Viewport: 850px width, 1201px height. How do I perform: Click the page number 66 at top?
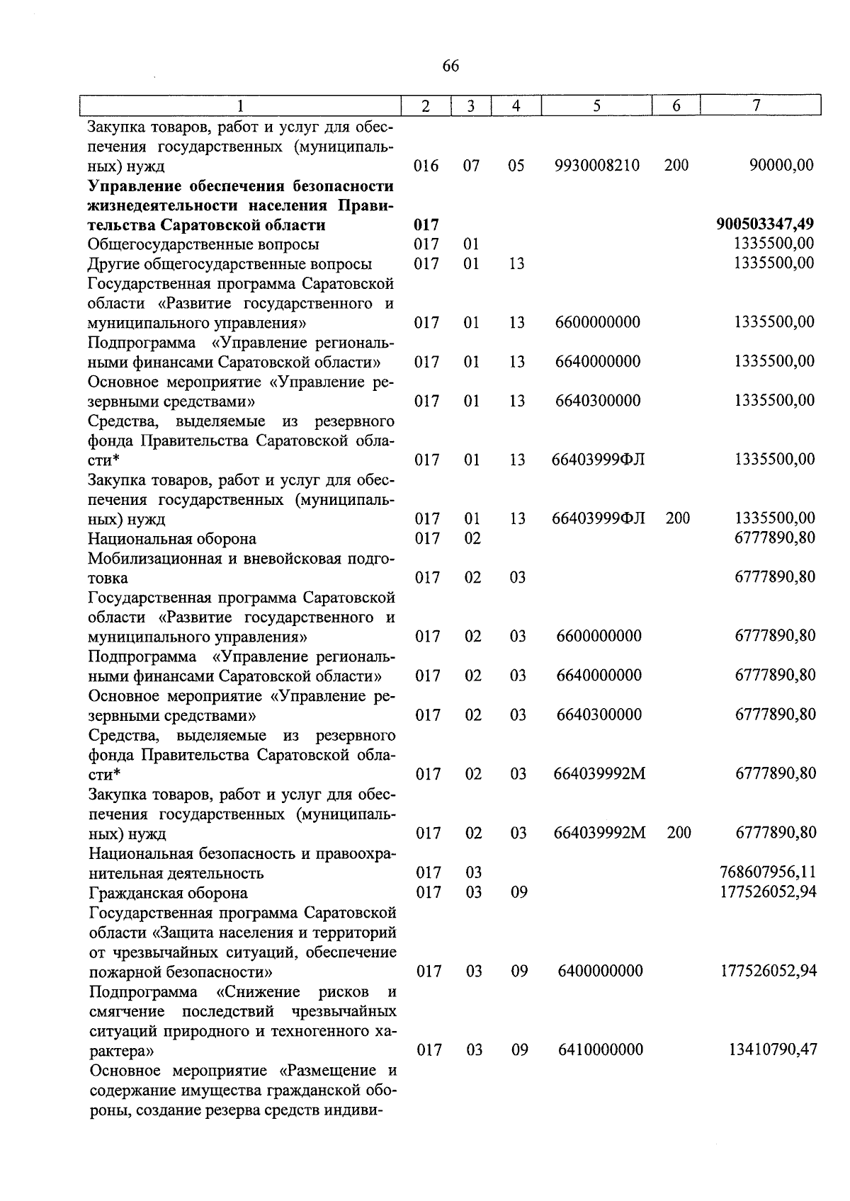450,67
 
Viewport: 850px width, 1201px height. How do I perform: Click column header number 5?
596,106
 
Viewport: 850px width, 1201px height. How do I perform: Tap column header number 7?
756,106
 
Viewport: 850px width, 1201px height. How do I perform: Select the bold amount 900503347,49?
765,224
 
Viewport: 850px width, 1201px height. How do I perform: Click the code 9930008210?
598,166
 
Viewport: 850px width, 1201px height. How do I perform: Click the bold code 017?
426,225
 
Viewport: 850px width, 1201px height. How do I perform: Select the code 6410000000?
600,1049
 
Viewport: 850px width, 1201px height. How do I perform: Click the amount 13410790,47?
773,1049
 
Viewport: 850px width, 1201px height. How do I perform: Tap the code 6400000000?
600,971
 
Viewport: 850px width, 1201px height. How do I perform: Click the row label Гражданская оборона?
168,893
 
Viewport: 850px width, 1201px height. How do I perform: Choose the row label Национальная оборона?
172,539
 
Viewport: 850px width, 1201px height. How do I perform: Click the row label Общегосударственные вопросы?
203,244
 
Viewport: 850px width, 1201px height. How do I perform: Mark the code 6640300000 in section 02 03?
599,715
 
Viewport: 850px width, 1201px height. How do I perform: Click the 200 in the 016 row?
676,166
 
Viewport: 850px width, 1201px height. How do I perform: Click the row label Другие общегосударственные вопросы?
230,264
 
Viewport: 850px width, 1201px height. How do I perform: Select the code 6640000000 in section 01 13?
598,362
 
